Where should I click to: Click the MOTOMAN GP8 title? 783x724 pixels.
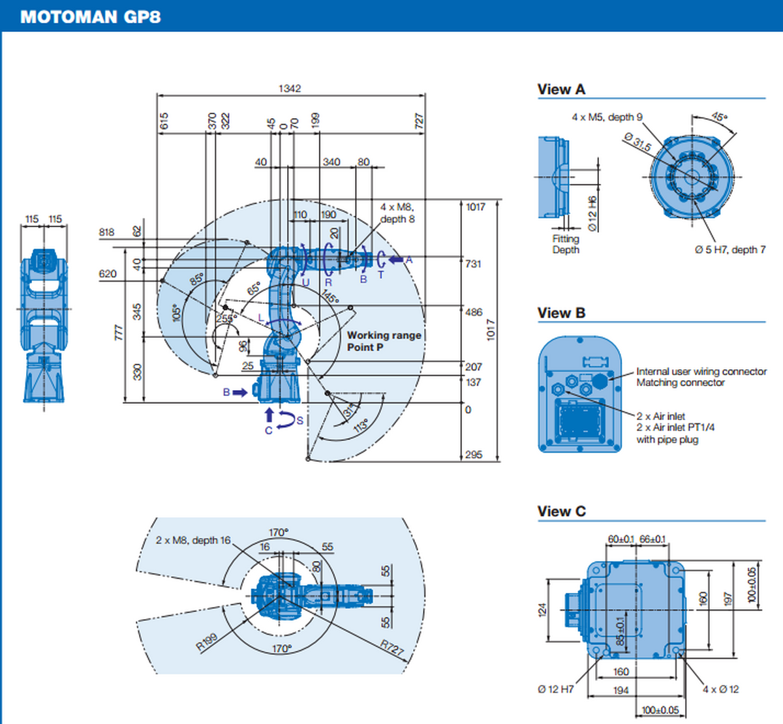tap(90, 16)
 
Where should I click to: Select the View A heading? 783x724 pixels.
tap(561, 90)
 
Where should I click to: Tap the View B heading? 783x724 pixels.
tap(561, 313)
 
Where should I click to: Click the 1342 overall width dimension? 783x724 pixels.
tap(290, 89)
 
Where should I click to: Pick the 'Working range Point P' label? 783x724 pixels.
tap(384, 341)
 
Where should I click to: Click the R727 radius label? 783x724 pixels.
tap(392, 647)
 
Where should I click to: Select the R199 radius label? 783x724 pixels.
tap(207, 642)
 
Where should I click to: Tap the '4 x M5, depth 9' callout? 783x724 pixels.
tap(607, 117)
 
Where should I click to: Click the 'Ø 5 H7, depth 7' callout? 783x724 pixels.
tap(729, 250)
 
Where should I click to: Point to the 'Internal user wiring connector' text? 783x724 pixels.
tap(701, 371)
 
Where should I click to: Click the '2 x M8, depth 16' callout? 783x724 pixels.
tap(193, 540)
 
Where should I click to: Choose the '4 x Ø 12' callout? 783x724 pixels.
tap(720, 689)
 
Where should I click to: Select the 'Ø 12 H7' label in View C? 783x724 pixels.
tap(556, 689)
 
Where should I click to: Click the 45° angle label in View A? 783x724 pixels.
tap(718, 117)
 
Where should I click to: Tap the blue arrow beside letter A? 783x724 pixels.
tap(396, 260)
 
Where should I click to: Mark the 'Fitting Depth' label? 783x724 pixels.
tap(566, 245)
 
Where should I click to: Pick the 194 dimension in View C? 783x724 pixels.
tap(621, 689)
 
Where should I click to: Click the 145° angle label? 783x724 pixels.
tap(330, 297)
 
